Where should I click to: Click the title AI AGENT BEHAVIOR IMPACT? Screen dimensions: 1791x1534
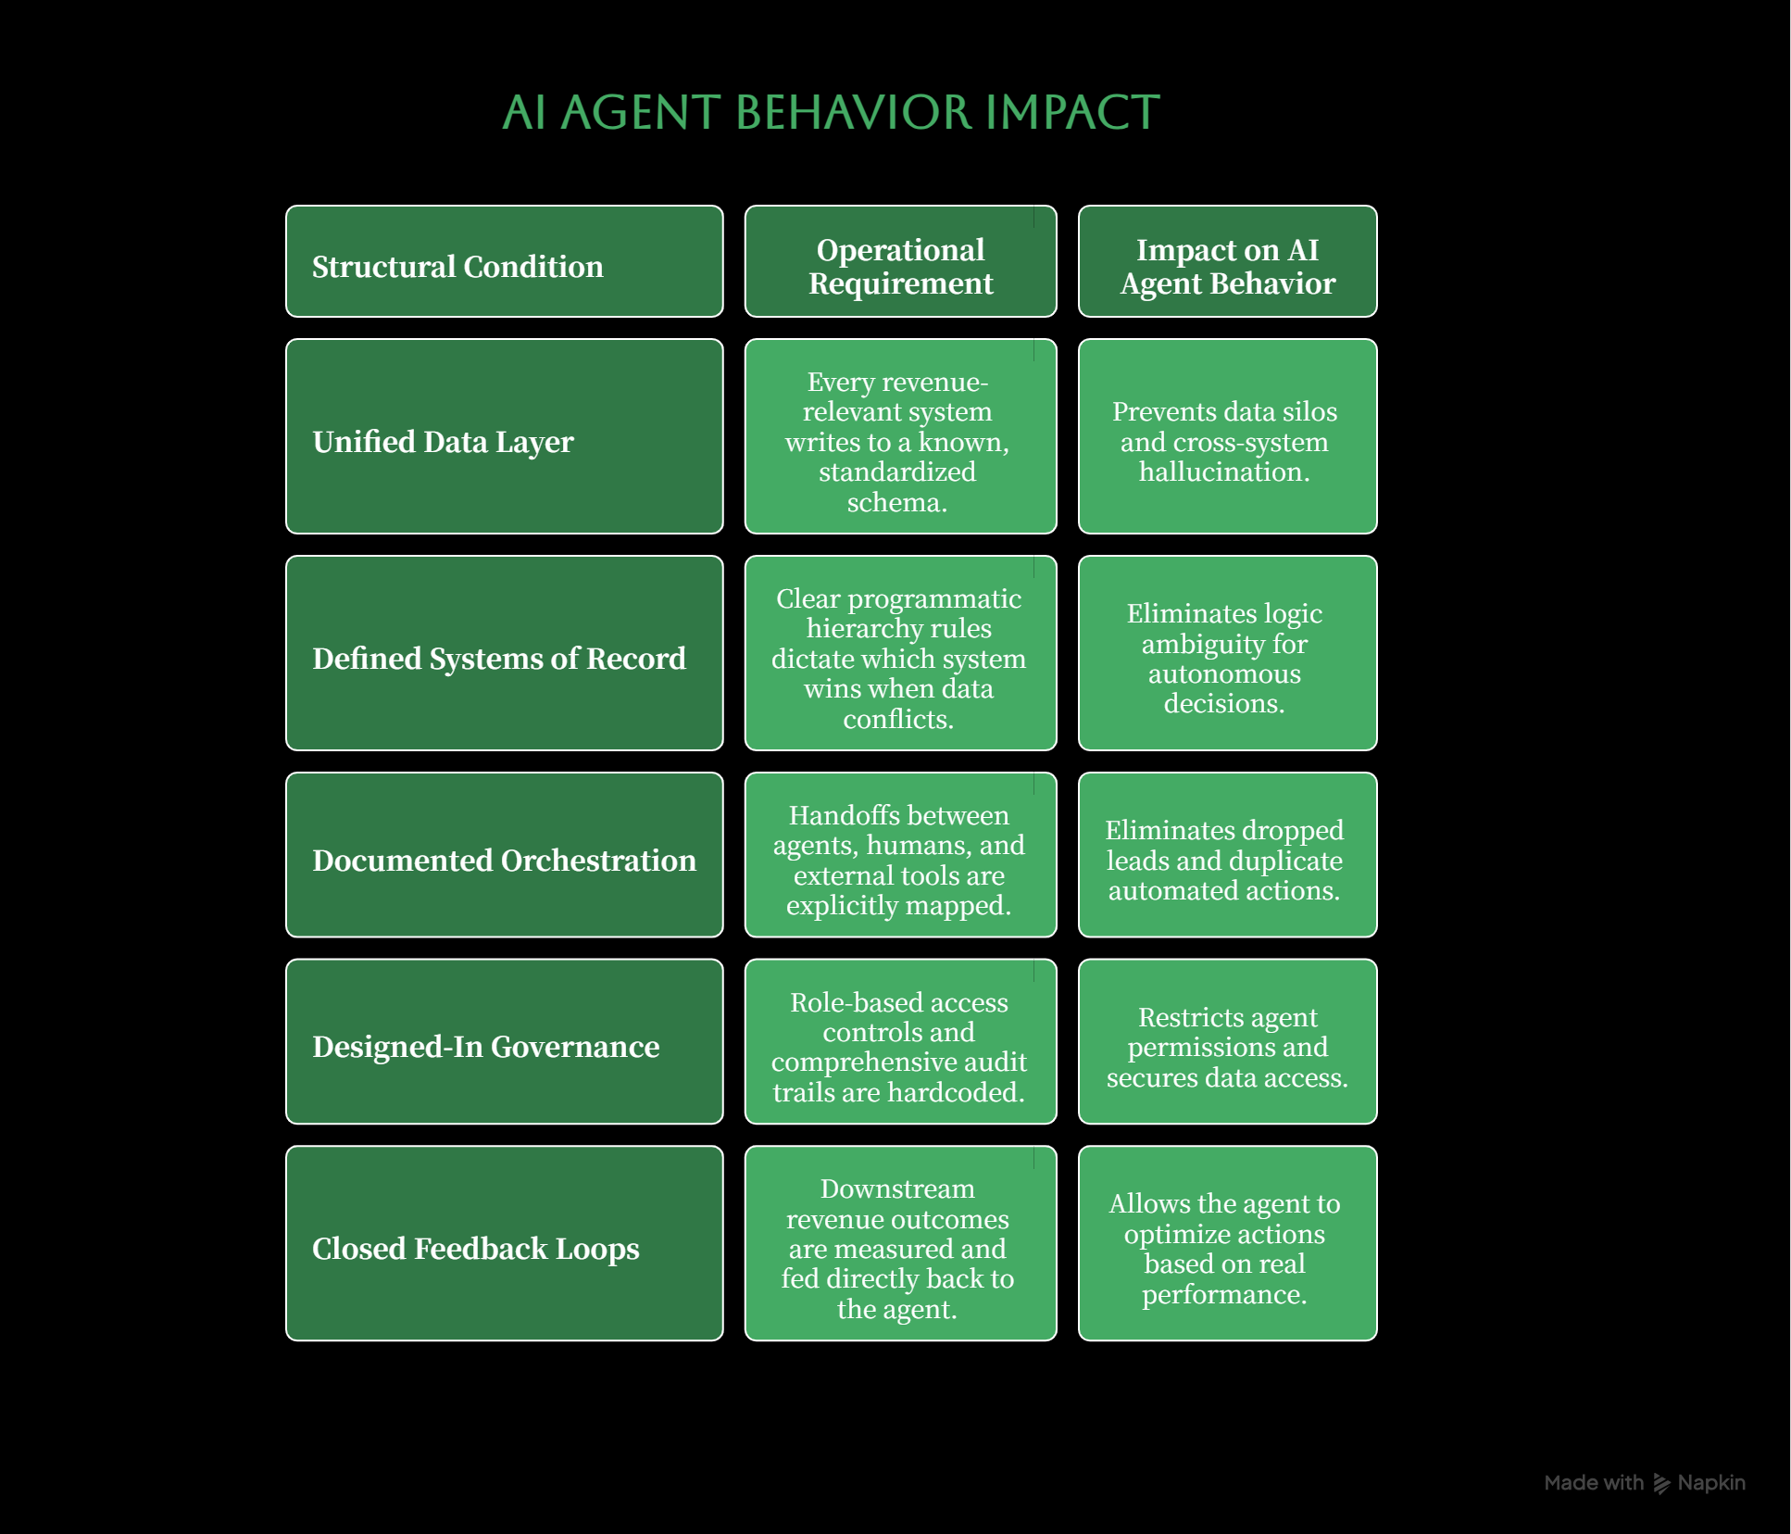point(831,112)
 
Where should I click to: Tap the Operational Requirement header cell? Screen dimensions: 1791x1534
point(900,261)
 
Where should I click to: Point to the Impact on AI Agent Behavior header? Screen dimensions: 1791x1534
point(1227,261)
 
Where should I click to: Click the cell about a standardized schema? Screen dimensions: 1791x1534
point(900,436)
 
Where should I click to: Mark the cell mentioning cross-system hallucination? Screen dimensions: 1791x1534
point(1227,436)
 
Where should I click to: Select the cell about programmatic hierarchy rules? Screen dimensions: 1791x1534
point(900,653)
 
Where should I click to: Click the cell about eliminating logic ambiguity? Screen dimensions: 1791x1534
point(1227,653)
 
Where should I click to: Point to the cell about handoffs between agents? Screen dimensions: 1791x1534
point(900,855)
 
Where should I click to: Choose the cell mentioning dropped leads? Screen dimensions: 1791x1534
point(1227,855)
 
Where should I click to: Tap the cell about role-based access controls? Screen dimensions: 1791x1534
point(900,1041)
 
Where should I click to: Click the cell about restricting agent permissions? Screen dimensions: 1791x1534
point(1227,1041)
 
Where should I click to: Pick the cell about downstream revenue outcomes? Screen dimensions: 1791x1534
point(900,1243)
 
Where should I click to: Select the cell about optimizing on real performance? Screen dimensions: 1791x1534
point(1227,1243)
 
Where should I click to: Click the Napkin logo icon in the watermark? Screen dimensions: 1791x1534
point(1662,1484)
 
